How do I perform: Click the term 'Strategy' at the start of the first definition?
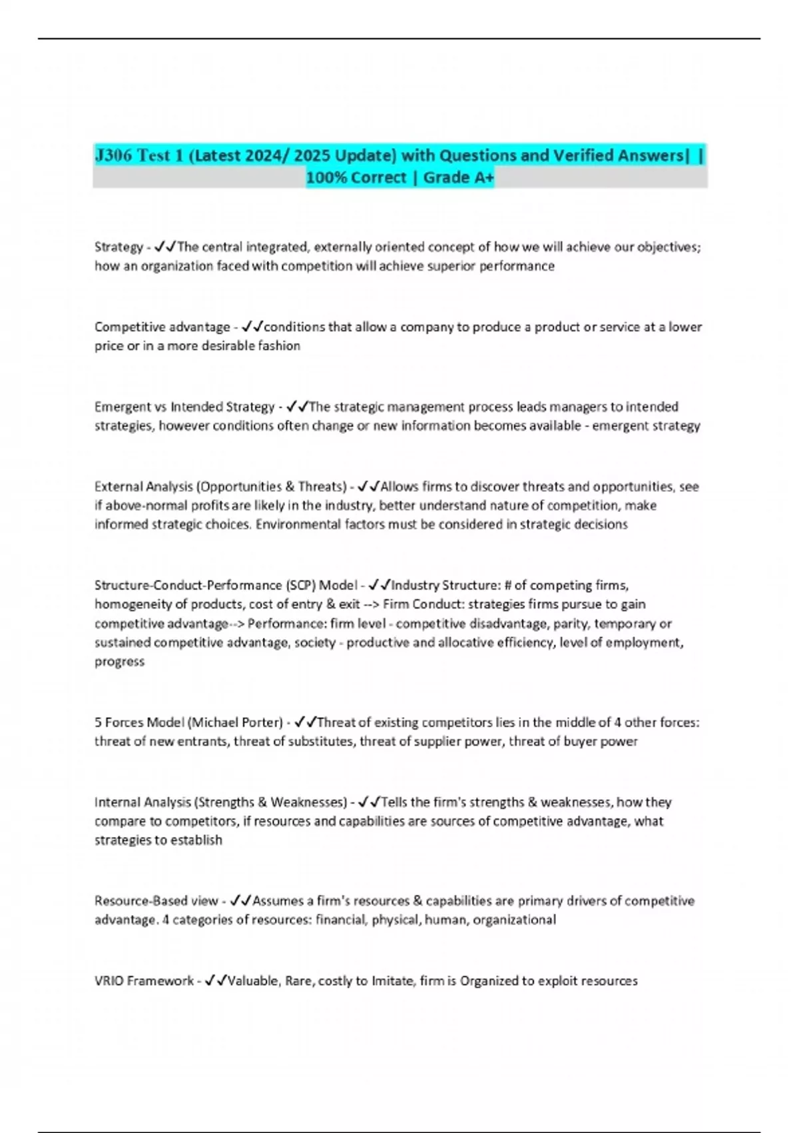click(119, 247)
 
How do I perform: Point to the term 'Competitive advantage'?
click(162, 327)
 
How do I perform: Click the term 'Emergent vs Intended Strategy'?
click(184, 407)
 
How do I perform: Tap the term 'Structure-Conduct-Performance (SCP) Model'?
click(226, 585)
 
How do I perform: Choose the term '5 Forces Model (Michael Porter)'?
click(188, 722)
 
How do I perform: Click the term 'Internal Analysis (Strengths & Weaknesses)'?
click(220, 802)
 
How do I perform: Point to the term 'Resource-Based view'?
click(156, 901)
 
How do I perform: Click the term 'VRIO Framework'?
click(144, 981)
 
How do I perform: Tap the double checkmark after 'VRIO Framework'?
click(216, 980)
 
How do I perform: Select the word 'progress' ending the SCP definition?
click(119, 662)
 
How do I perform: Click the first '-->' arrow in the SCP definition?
click(372, 604)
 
